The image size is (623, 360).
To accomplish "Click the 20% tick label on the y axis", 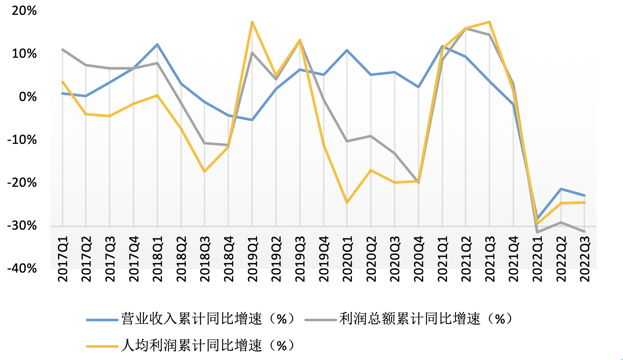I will [24, 11].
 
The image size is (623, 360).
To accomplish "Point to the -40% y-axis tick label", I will [22, 268].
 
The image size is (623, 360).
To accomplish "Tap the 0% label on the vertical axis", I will [28, 96].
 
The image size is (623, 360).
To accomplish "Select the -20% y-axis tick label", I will [22, 183].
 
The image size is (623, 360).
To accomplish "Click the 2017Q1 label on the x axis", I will [63, 259].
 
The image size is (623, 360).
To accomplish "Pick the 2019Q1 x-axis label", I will [252, 259].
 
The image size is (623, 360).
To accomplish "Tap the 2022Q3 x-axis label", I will [584, 259].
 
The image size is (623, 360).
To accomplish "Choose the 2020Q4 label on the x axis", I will [418, 259].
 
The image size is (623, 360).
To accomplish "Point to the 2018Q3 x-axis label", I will [205, 259].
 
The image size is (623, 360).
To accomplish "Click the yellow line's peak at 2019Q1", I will [252, 22].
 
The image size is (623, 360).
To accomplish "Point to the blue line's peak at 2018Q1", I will [157, 44].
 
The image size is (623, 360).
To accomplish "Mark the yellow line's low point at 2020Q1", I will [347, 203].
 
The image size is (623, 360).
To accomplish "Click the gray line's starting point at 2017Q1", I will [63, 50].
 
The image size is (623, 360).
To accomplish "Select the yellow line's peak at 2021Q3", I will [489, 22].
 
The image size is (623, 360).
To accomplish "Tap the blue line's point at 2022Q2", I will [561, 189].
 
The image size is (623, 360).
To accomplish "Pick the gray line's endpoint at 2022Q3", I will [584, 232].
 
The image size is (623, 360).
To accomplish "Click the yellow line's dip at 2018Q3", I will [205, 171].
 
